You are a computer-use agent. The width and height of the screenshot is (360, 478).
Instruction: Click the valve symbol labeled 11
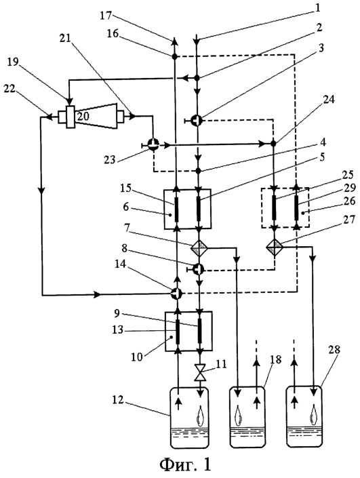[x=200, y=372]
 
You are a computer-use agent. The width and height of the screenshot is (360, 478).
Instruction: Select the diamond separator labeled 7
[x=199, y=248]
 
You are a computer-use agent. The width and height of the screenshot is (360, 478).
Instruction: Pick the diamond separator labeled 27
[x=275, y=245]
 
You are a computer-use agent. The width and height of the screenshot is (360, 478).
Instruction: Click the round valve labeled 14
[x=176, y=294]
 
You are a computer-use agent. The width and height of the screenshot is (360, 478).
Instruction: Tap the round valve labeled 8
[x=199, y=269]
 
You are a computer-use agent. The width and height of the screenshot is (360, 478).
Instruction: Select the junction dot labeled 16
[x=175, y=56]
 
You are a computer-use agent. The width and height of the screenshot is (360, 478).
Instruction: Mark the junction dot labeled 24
[x=273, y=142]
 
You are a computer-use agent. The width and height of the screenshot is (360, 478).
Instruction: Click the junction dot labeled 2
[x=197, y=78]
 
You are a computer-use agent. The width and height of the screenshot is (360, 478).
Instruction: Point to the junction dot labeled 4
[x=199, y=171]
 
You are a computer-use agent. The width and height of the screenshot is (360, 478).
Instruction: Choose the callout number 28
[x=334, y=350]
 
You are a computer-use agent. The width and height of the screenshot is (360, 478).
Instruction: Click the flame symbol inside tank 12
[x=200, y=416]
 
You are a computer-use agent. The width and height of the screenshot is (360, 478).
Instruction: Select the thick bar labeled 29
[x=296, y=207]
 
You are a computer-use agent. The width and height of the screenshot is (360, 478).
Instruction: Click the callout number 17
[x=106, y=15]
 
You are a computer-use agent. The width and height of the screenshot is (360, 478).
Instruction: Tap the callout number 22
[x=10, y=89]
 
